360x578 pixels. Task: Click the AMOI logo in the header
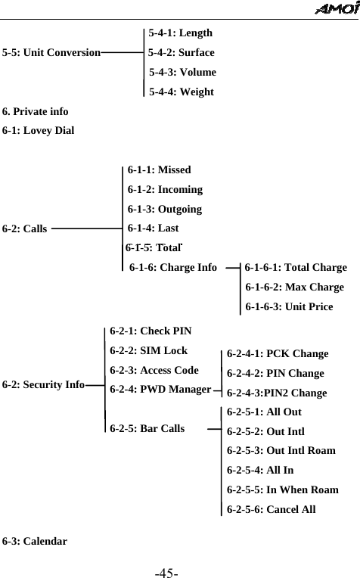334,9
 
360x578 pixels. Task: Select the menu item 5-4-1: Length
180,33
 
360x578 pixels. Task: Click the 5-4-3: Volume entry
182,73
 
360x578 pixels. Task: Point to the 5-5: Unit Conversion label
51,53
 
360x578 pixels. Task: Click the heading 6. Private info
36,112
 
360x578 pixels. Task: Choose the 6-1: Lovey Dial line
39,131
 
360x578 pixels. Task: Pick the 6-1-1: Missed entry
159,170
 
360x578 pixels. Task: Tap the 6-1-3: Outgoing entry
164,210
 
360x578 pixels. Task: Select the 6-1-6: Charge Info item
173,268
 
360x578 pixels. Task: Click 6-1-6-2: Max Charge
294,287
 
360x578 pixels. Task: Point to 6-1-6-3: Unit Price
289,307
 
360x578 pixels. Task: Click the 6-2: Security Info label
43,385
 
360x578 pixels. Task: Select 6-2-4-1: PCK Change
278,354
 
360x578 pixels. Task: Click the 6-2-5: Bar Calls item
147,429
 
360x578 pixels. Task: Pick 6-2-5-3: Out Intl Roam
281,451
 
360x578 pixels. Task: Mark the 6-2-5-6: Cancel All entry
272,509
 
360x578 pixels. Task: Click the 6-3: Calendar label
35,542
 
